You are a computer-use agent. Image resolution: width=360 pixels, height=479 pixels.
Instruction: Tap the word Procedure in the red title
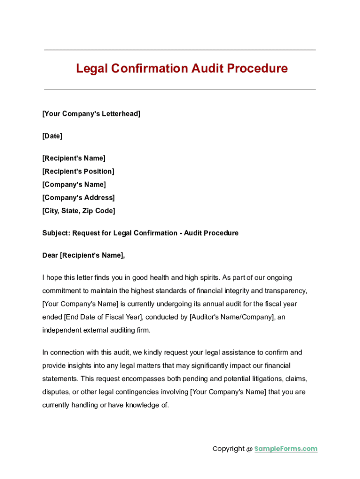[x=258, y=69]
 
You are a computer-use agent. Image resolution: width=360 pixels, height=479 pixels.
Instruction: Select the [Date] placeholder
[x=52, y=136]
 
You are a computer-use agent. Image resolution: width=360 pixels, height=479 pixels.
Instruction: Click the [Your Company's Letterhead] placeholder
[x=91, y=114]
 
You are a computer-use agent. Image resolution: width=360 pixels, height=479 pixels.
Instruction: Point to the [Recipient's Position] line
[x=78, y=171]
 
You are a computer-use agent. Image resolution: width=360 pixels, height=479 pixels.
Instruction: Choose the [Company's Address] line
[x=78, y=197]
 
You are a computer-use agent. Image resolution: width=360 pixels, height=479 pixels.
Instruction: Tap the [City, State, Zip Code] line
[x=79, y=211]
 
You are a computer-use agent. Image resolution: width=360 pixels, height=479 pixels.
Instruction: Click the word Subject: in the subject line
[x=56, y=233]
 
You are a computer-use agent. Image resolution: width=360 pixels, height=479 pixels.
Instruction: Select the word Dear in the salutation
[x=50, y=255]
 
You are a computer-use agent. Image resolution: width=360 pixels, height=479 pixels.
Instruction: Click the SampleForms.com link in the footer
[x=286, y=449]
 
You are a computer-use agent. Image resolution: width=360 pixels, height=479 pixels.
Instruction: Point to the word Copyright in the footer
[x=229, y=449]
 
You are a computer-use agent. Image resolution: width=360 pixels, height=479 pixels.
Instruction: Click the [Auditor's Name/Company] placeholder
[x=231, y=317]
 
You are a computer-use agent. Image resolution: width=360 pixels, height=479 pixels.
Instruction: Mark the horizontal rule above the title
[x=180, y=50]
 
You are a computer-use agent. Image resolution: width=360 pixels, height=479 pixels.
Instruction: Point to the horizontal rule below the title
[x=180, y=89]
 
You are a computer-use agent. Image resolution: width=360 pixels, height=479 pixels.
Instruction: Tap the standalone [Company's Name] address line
[x=74, y=184]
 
